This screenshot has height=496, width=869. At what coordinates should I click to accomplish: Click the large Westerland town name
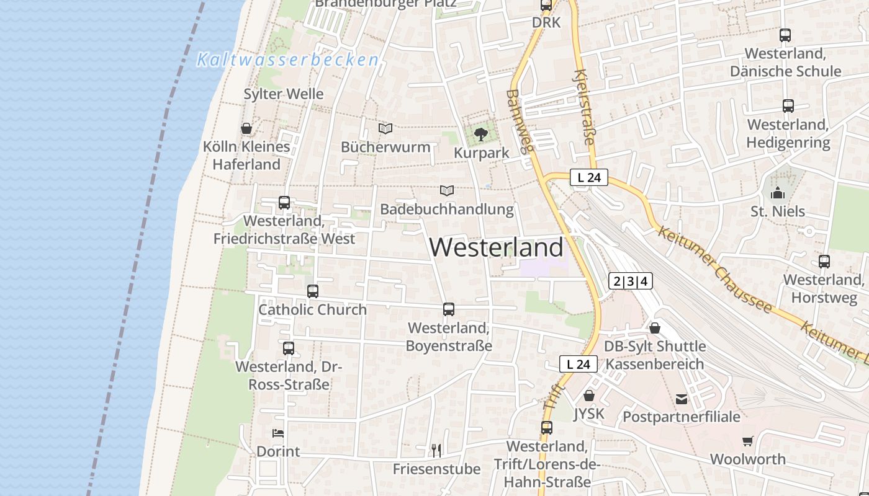[x=497, y=247]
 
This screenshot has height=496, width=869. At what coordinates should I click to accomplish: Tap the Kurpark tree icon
[x=480, y=133]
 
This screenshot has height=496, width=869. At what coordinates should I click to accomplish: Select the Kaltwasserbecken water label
[x=287, y=60]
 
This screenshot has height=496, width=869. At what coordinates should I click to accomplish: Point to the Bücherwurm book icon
[x=385, y=128]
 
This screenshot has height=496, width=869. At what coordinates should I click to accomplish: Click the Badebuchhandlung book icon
[x=447, y=190]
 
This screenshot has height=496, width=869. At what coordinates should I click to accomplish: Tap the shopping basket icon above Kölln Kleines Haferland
[x=246, y=128]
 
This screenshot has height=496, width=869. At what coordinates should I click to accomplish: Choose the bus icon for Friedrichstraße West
[x=284, y=203]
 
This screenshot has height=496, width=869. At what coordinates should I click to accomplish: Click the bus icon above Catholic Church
[x=313, y=291]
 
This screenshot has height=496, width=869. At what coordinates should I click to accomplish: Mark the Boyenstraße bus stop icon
[x=449, y=309]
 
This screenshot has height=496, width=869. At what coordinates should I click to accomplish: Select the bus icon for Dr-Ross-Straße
[x=289, y=348]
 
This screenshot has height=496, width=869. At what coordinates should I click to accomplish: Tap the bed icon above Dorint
[x=278, y=433]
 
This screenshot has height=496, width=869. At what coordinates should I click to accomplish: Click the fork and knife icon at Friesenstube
[x=436, y=449]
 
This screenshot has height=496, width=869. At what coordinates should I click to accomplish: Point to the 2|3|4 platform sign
[x=631, y=281]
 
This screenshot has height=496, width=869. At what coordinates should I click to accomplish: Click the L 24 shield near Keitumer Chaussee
[x=588, y=177]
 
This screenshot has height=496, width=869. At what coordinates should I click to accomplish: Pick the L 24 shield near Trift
[x=579, y=364]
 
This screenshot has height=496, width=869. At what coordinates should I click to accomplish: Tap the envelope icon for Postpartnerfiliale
[x=682, y=399]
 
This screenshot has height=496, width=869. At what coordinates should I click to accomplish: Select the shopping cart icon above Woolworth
[x=747, y=441]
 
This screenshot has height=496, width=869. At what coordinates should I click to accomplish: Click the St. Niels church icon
[x=778, y=193]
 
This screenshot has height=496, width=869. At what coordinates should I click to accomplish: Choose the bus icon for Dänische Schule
[x=785, y=35]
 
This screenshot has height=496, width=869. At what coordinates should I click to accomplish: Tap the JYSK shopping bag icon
[x=589, y=395]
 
